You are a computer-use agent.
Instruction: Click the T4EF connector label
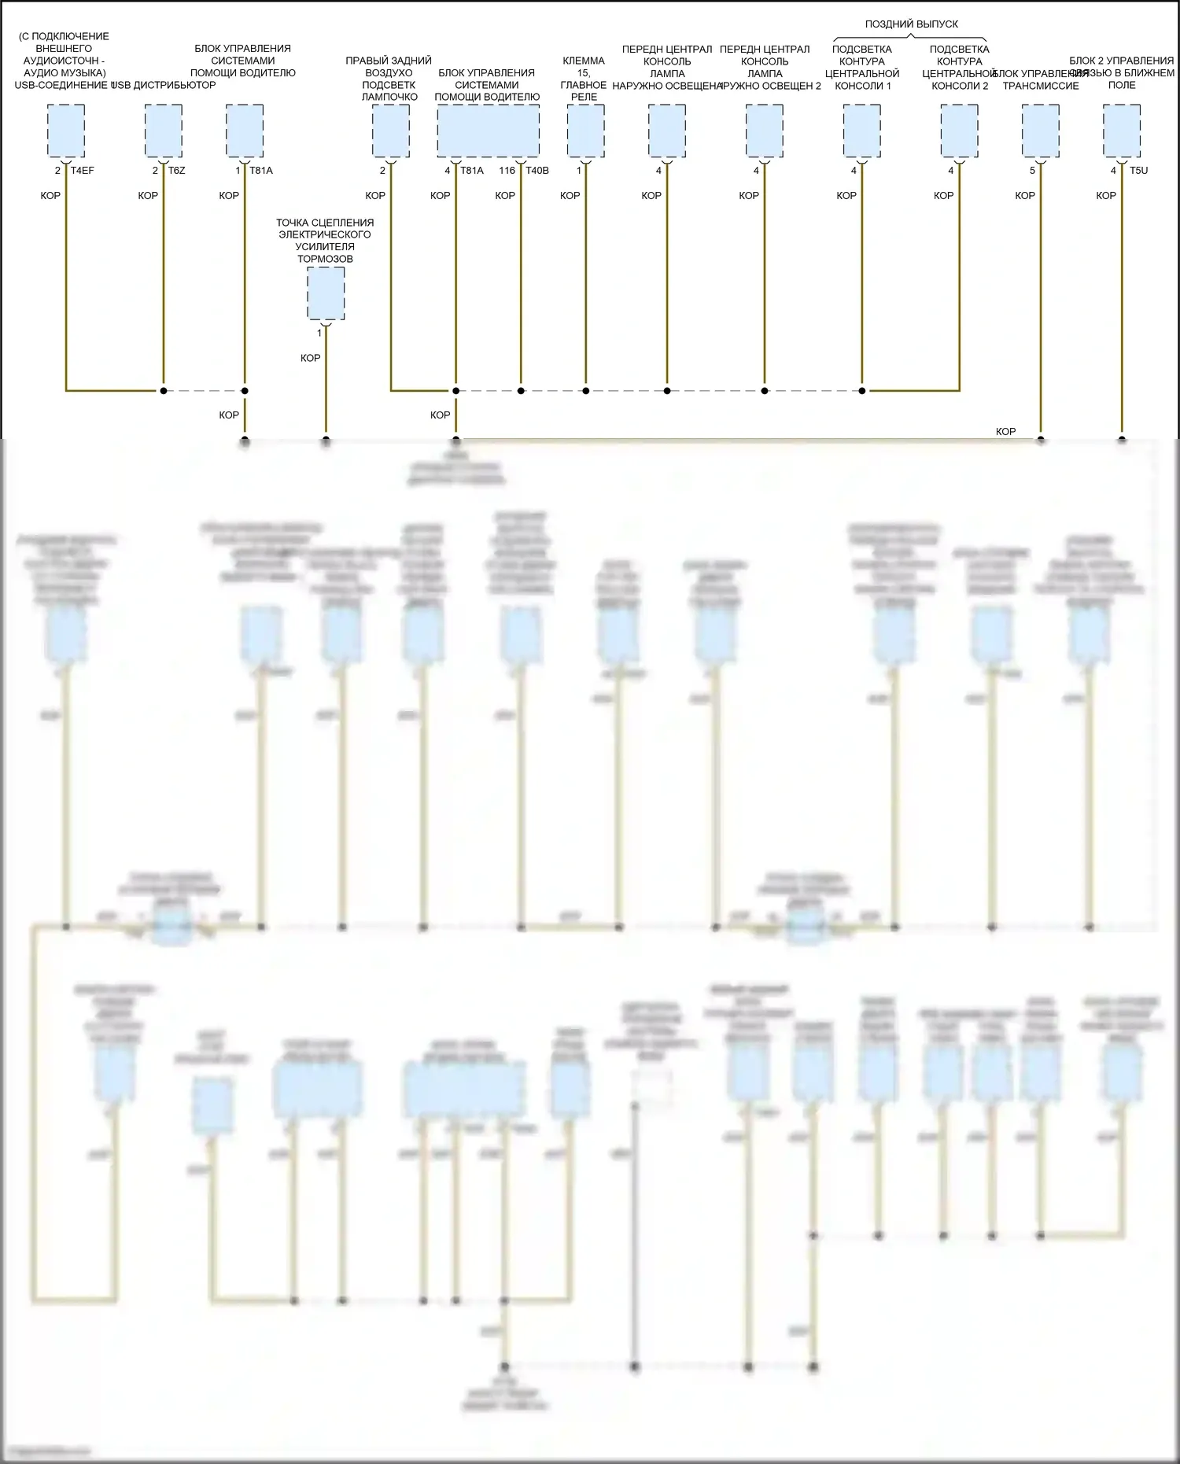[83, 171]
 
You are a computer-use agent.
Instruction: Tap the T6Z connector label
[177, 171]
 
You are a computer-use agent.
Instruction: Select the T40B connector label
[537, 171]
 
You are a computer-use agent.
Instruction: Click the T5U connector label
[1138, 171]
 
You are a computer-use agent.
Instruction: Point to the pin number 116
[507, 171]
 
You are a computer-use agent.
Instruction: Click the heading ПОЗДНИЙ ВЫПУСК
[911, 24]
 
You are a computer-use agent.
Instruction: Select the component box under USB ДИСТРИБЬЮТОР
[164, 131]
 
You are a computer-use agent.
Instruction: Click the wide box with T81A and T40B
[488, 131]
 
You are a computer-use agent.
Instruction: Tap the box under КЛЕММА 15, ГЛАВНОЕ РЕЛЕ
[585, 131]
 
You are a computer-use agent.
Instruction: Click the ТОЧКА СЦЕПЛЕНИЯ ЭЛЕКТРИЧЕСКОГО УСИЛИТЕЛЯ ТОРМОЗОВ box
[326, 293]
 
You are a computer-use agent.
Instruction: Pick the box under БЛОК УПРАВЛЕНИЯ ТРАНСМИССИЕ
[1041, 131]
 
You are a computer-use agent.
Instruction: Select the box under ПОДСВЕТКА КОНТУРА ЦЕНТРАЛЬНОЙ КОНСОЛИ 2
[960, 131]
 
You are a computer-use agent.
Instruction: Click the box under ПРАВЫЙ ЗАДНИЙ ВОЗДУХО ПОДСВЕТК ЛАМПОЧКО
[391, 131]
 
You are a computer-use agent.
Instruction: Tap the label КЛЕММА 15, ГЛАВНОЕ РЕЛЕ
[584, 79]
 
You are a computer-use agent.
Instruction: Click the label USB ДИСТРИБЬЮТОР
[164, 85]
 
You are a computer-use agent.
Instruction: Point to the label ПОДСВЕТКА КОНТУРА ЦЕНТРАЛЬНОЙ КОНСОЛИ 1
[862, 68]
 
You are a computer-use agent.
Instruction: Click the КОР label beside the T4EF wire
[50, 196]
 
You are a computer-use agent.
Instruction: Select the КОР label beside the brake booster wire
[311, 358]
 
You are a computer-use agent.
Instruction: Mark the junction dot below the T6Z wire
[164, 390]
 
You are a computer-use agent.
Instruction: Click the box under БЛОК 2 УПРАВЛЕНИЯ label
[1122, 131]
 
